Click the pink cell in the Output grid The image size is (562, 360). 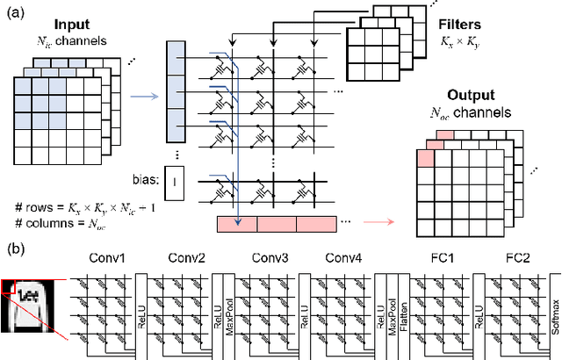point(425,157)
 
